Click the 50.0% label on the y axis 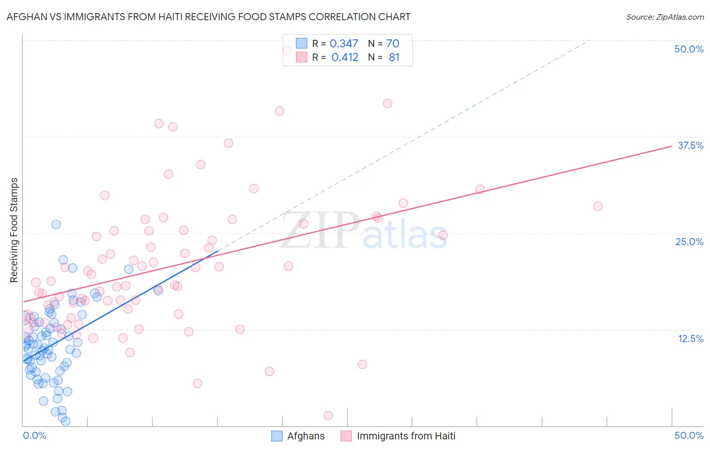click(689, 49)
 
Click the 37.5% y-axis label click(690, 145)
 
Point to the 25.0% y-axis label click(689, 242)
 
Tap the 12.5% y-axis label click(690, 339)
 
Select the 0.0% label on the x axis click(34, 435)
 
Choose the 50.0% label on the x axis click(689, 435)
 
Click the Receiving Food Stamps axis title click(14, 230)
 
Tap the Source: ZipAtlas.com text click(665, 17)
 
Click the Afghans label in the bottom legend click(306, 436)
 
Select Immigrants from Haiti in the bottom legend click(405, 436)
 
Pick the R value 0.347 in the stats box click(344, 44)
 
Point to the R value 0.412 click(345, 58)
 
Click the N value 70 click(393, 44)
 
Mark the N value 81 click(394, 58)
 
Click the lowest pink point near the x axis click(328, 416)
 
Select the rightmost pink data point click(597, 206)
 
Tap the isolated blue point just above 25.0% click(56, 224)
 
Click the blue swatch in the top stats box click(301, 43)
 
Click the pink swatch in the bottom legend click(346, 436)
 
